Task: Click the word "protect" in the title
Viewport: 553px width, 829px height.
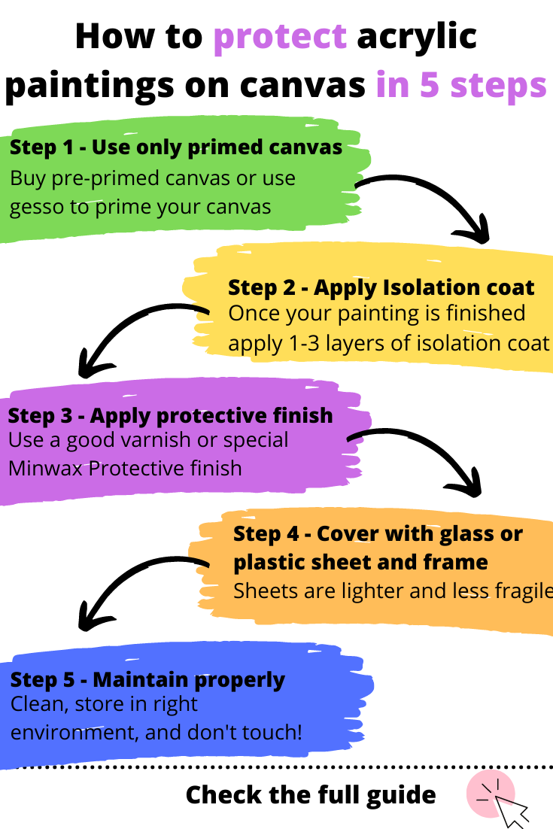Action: pyautogui.click(x=280, y=38)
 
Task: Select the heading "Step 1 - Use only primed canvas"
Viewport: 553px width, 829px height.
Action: pyautogui.click(x=176, y=147)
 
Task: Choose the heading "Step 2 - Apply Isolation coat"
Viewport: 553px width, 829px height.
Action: pyautogui.click(x=381, y=287)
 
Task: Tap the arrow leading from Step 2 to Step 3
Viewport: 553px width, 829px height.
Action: pyautogui.click(x=135, y=331)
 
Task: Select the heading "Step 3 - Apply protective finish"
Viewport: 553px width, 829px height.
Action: pyautogui.click(x=170, y=415)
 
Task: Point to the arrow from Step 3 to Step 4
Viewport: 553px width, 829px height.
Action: pyautogui.click(x=421, y=455)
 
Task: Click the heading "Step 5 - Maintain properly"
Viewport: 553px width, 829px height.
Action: pyautogui.click(x=147, y=680)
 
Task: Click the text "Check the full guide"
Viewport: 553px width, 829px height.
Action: pyautogui.click(x=310, y=794)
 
